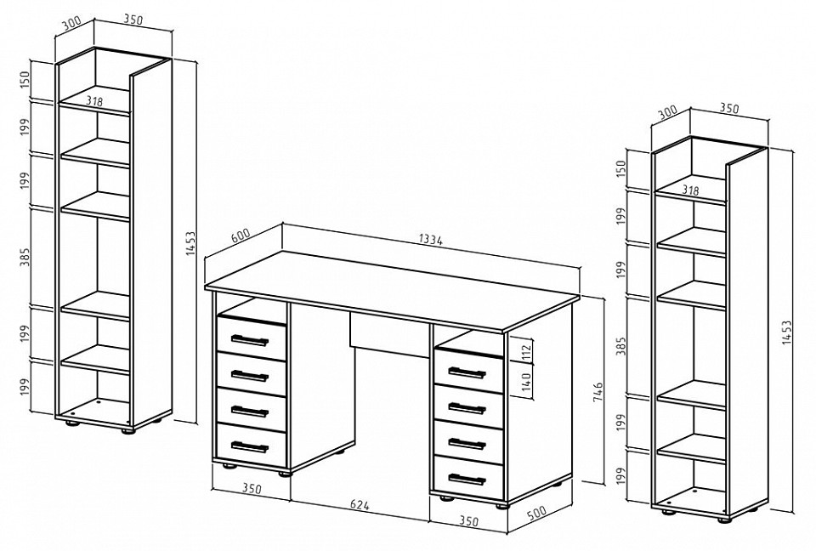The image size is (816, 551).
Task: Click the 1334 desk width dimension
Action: (x=431, y=240)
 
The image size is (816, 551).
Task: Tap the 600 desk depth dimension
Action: (x=241, y=236)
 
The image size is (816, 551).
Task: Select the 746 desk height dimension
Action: (x=598, y=392)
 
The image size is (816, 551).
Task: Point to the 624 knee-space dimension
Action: (x=359, y=504)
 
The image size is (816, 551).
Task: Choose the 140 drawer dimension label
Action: (x=527, y=383)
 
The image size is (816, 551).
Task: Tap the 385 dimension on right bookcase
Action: (x=621, y=346)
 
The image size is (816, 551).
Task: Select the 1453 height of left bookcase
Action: (x=190, y=243)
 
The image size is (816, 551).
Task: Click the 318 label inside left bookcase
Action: (x=94, y=102)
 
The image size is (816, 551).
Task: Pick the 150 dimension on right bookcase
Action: (x=621, y=168)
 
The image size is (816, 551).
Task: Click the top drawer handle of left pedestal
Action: (x=249, y=341)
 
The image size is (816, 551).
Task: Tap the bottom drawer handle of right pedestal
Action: (x=467, y=479)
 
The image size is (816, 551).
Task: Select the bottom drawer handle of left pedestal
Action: (x=249, y=447)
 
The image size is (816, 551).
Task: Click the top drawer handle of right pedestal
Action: (x=467, y=373)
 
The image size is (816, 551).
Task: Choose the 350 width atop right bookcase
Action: (x=729, y=109)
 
